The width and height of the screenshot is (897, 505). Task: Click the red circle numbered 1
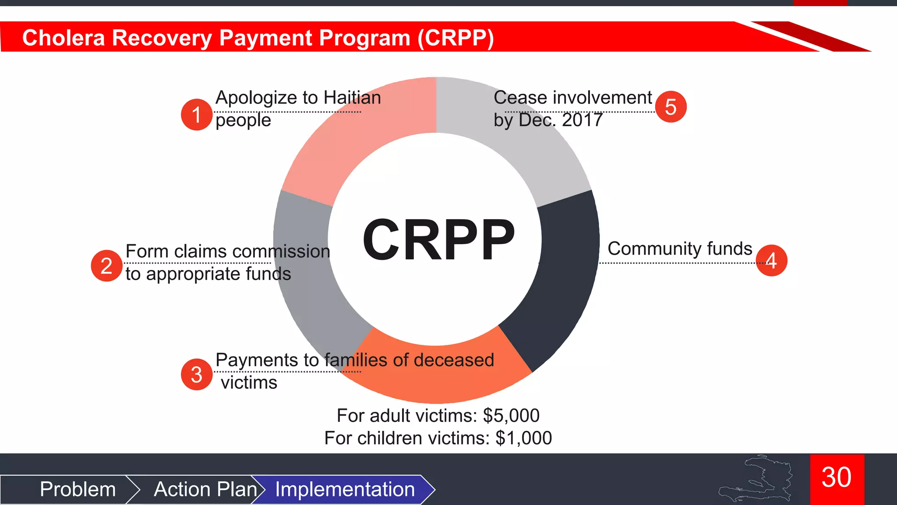[197, 114]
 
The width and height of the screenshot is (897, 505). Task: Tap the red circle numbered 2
[106, 266]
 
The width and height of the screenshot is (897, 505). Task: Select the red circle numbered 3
[197, 374]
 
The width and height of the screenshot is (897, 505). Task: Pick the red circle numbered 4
[771, 260]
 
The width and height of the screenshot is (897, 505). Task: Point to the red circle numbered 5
[671, 107]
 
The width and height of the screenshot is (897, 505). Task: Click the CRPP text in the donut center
[438, 240]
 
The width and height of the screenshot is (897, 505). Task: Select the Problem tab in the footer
[78, 489]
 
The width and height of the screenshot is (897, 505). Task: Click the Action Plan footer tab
[205, 489]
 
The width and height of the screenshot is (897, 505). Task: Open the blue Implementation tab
[345, 489]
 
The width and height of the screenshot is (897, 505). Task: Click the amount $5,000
[511, 416]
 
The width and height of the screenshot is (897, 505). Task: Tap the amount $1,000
[523, 438]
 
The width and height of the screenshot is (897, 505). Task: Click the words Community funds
[680, 249]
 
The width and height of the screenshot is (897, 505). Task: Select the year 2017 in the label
[582, 120]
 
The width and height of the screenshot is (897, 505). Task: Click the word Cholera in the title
[64, 38]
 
